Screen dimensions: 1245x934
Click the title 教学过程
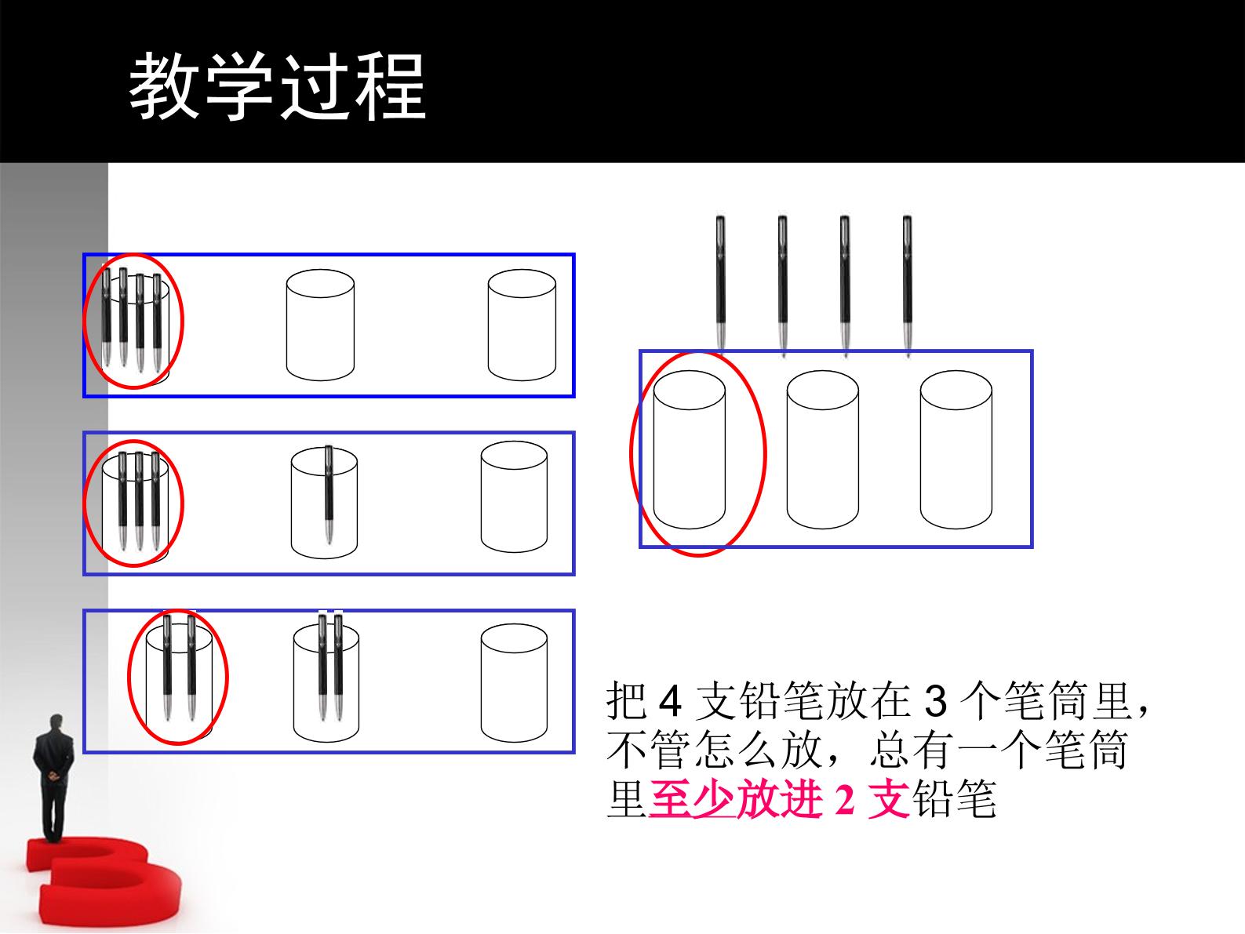[278, 86]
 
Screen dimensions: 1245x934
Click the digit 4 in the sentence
[670, 702]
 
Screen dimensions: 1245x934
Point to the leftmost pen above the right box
[720, 285]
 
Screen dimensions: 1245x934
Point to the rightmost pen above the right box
[908, 285]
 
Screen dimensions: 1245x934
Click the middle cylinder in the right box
[822, 449]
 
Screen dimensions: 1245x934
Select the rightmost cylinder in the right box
[956, 449]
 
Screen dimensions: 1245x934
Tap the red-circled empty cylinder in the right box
[689, 449]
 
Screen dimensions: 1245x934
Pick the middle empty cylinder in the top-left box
[320, 325]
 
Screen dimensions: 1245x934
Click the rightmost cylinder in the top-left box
[522, 325]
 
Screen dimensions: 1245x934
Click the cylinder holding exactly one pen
[324, 503]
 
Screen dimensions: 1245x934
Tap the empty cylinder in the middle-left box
[514, 497]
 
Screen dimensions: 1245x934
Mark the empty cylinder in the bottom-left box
[514, 683]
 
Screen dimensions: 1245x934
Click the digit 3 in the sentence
[935, 702]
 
